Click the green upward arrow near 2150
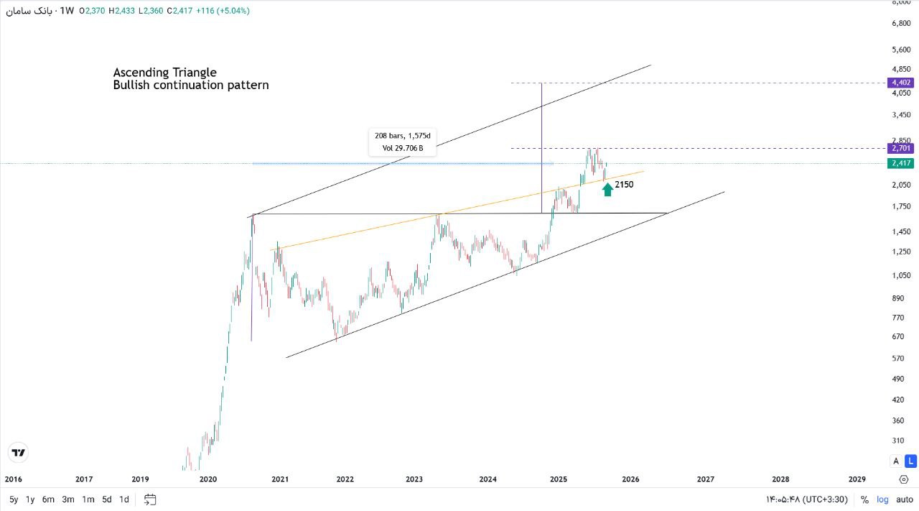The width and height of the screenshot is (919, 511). (x=607, y=189)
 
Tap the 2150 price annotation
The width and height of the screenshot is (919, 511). (x=624, y=185)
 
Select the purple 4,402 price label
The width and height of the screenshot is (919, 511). (x=900, y=83)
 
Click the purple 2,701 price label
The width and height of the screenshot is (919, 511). (x=900, y=148)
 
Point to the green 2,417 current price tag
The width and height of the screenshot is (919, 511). (x=900, y=163)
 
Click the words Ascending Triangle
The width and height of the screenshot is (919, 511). (x=164, y=73)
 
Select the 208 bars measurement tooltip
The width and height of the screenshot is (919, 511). (x=402, y=142)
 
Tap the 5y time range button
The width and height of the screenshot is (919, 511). (x=14, y=500)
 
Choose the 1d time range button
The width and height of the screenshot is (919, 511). (x=124, y=500)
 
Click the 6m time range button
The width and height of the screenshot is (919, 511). (x=48, y=500)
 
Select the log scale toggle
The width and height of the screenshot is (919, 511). (x=882, y=500)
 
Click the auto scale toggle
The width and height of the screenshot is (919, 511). (x=905, y=500)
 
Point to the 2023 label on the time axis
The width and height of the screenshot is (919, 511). (x=414, y=479)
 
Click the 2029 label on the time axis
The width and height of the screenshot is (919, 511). (x=857, y=479)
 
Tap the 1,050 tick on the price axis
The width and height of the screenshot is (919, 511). (x=900, y=275)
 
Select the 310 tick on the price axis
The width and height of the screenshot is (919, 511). (x=897, y=440)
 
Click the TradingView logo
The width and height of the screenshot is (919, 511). (x=19, y=453)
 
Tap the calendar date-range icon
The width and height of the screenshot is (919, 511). (x=150, y=500)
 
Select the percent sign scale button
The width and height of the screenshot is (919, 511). (x=864, y=500)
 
